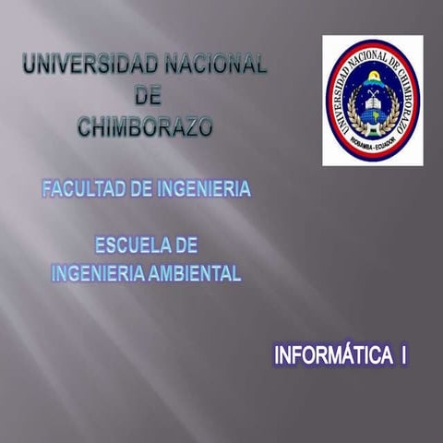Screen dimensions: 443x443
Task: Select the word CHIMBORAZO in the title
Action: click(x=145, y=126)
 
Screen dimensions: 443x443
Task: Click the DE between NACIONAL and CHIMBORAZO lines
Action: click(x=147, y=95)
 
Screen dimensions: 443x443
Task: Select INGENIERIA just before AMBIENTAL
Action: click(x=97, y=272)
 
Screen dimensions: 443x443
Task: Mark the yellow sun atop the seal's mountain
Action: click(x=373, y=77)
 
